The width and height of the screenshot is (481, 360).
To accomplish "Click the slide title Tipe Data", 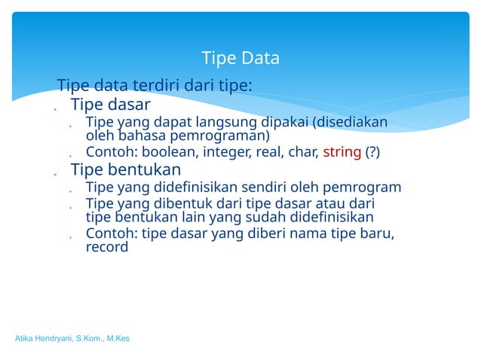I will pyautogui.click(x=240, y=58).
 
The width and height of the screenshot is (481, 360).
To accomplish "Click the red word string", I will pyautogui.click(x=342, y=153).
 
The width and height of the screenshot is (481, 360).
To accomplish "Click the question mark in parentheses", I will pyautogui.click(x=372, y=153).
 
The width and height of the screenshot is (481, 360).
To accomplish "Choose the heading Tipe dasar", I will pyautogui.click(x=110, y=104).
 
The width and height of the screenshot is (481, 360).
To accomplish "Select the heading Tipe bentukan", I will pyautogui.click(x=125, y=169).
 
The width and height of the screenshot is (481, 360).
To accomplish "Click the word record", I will pyautogui.click(x=107, y=246).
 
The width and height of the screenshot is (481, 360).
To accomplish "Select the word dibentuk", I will pyautogui.click(x=188, y=204).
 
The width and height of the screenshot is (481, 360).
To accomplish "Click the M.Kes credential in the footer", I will pyautogui.click(x=117, y=339).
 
